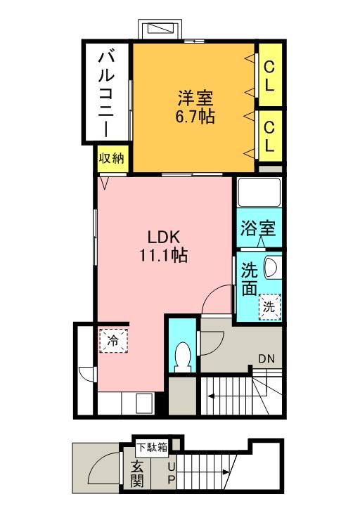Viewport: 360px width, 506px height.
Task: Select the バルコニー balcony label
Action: [107, 91]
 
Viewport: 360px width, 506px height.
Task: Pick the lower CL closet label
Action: [269, 136]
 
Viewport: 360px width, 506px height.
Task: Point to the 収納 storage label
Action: [111, 158]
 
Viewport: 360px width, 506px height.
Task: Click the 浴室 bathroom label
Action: [257, 229]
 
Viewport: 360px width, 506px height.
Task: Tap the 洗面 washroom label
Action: [250, 278]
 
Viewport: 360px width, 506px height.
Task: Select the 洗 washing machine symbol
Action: [269, 306]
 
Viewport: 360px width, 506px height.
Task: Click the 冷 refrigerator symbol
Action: [112, 341]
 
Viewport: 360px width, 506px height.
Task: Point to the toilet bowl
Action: [184, 356]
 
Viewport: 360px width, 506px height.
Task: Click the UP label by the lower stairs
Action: [171, 474]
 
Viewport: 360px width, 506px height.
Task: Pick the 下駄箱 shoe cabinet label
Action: [151, 446]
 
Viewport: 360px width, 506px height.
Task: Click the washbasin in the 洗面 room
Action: [272, 267]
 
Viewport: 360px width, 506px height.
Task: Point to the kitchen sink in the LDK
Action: [143, 403]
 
